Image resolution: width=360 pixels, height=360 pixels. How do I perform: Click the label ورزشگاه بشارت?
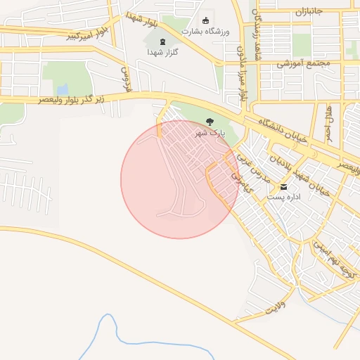coord(205,32)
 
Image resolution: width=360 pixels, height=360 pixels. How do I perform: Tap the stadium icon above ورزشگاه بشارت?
coord(205,20)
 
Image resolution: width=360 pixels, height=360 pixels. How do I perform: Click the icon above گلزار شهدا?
coord(165,41)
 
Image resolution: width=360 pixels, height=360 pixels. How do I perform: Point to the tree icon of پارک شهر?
coord(209,121)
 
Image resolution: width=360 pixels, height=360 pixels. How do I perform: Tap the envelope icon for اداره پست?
coord(284,186)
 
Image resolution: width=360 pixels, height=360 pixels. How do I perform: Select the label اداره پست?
coord(283,198)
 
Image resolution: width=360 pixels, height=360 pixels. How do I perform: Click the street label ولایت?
coord(276,308)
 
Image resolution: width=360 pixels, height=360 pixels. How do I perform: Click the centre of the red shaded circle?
coord(179,179)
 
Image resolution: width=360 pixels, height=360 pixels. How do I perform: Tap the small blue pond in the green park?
coord(63,89)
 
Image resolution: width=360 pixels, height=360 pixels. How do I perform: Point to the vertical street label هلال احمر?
coord(328,122)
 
